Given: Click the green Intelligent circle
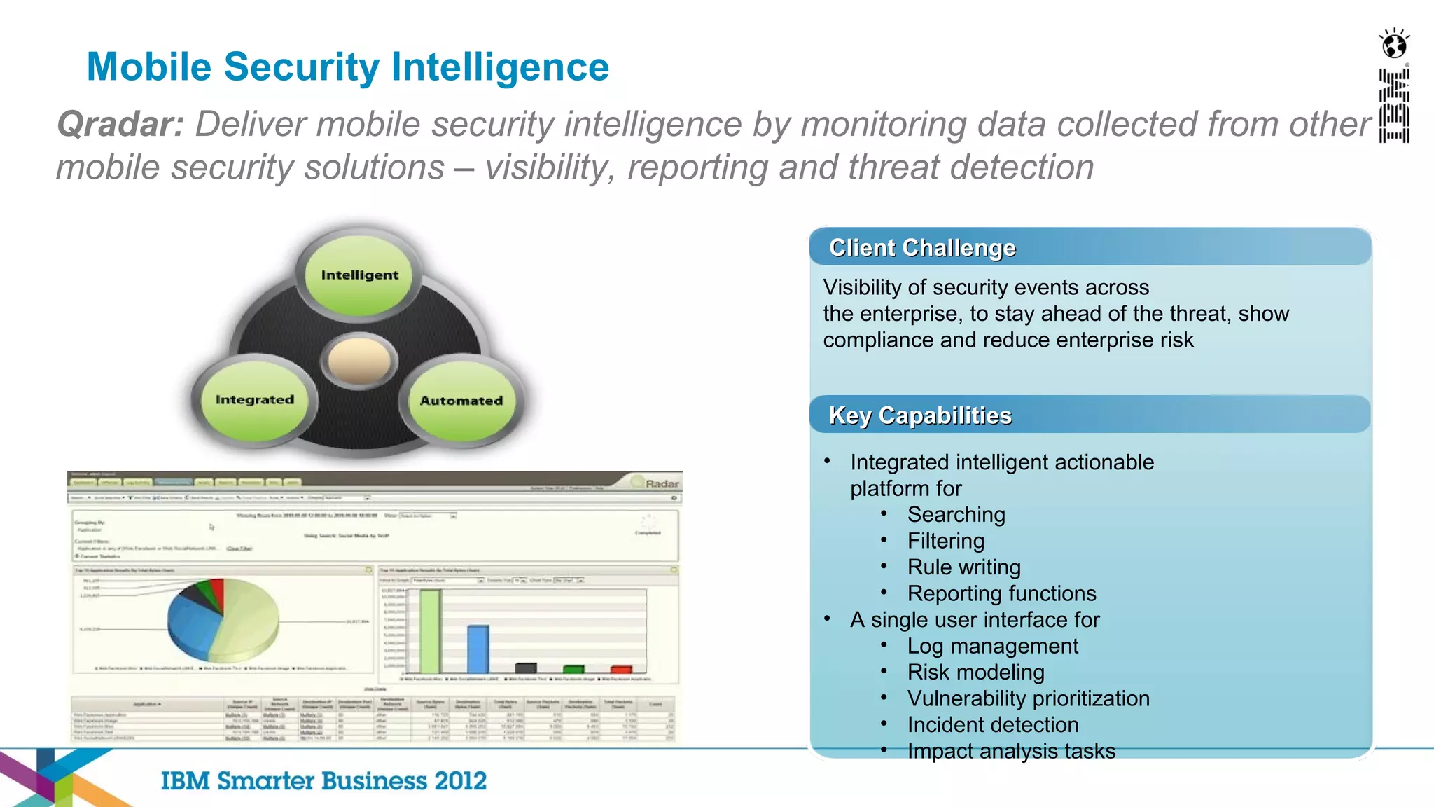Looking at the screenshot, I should [359, 275].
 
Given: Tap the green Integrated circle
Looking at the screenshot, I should [254, 400].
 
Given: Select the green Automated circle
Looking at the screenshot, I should [461, 401].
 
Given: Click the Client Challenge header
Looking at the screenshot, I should [921, 248].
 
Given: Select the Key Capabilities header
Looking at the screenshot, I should [920, 415].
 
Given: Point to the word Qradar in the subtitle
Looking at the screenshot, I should [120, 125].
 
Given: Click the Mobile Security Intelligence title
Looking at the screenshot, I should [347, 67].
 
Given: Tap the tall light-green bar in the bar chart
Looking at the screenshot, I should [430, 631].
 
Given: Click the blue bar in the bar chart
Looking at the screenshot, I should [478, 649].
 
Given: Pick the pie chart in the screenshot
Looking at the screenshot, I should [223, 620].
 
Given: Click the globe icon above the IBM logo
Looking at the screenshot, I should [1393, 45].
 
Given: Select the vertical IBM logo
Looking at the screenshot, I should [1393, 105].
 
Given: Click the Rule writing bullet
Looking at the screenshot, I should [963, 567].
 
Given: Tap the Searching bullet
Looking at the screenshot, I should [956, 515].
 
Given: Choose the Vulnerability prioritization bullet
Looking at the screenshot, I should [1028, 698].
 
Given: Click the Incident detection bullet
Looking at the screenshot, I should [992, 725].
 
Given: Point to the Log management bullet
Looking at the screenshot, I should [992, 646].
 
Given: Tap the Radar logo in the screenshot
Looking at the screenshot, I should [660, 483].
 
